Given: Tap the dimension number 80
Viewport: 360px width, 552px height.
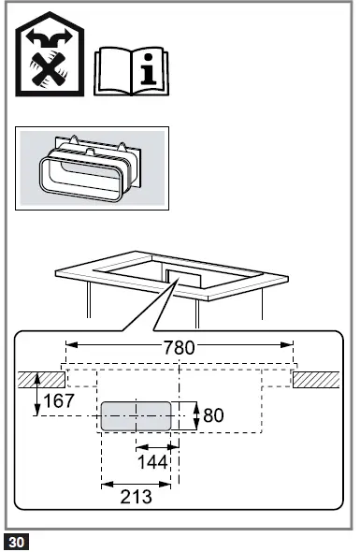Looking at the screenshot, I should [x=214, y=414].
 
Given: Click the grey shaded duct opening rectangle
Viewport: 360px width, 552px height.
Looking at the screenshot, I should [x=136, y=415].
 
